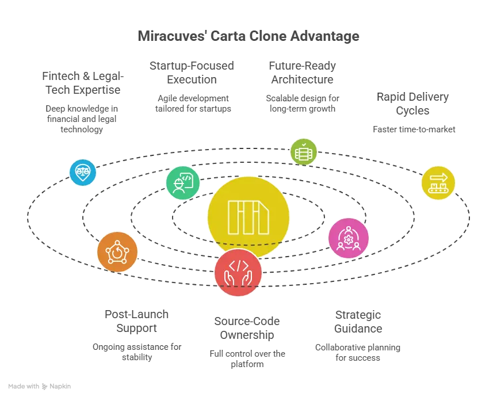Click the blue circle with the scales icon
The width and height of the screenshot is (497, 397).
[x=83, y=173]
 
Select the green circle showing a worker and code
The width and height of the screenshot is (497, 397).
[x=183, y=183]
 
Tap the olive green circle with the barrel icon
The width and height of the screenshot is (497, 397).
[x=303, y=152]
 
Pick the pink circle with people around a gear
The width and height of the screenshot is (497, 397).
[x=348, y=238]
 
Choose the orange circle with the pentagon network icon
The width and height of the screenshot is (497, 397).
[x=117, y=252]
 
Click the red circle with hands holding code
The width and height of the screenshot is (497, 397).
[x=238, y=273]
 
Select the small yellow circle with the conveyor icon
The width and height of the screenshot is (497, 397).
[x=438, y=183]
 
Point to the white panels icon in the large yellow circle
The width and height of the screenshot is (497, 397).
[x=248, y=217]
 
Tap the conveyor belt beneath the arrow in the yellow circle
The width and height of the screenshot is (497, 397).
[x=438, y=189]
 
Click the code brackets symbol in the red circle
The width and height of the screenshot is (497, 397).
[x=238, y=265]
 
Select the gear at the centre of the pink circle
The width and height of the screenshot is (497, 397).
[x=348, y=236]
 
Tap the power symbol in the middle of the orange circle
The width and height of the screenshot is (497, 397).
[x=117, y=252]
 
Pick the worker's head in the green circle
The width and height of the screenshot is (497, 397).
[x=178, y=183]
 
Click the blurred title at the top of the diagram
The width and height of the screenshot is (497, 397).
[x=250, y=36]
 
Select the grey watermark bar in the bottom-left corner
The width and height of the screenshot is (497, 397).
[x=39, y=387]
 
